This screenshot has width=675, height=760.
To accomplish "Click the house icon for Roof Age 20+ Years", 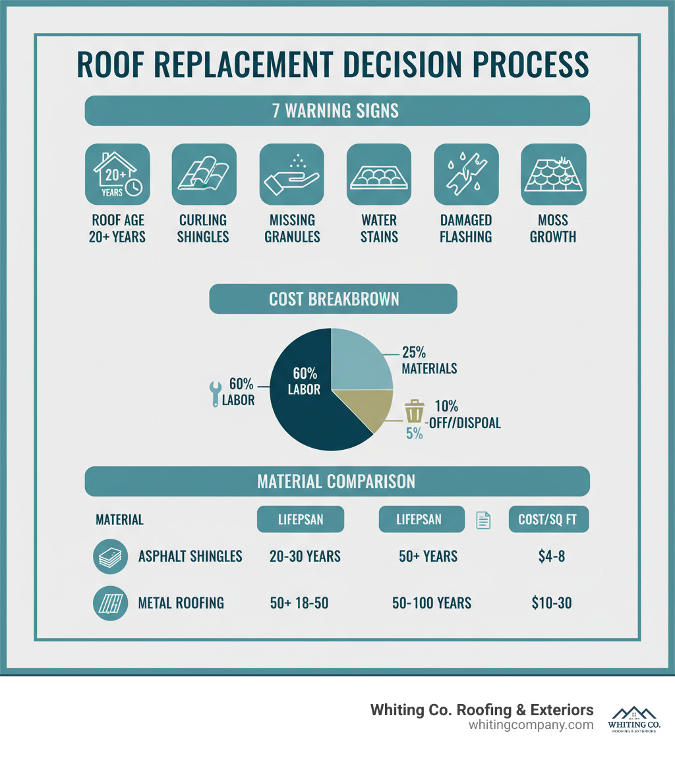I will pos(118,175).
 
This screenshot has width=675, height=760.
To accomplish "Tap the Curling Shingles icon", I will pos(204,175).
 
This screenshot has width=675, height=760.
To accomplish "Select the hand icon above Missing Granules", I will pos(291,175).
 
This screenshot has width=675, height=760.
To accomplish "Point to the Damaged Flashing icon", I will pos(466,175).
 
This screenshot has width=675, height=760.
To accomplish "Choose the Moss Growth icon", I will pos(553,175).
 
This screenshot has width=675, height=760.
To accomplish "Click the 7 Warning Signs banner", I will pos(337,110).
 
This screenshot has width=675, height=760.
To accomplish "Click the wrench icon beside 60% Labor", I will pos(214,394).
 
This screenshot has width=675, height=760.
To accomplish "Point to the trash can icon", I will pos(414,410).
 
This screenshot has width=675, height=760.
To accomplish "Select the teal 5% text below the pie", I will pos(414,434).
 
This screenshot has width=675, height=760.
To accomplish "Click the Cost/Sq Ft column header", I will pos(548,520).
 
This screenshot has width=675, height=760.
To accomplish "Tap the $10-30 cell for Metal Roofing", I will pos(551,602).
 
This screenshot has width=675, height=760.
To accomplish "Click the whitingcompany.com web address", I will pos(531,725).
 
